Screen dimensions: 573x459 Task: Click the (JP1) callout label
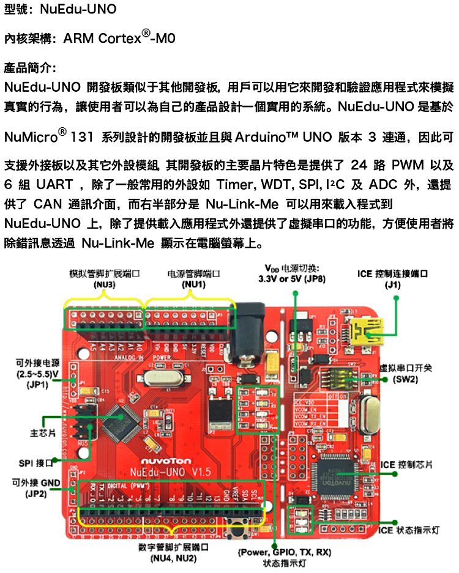click(38, 385)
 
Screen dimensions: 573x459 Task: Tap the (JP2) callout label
click(37, 494)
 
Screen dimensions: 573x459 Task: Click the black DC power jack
click(251, 318)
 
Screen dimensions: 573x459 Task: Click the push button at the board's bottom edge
click(236, 527)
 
